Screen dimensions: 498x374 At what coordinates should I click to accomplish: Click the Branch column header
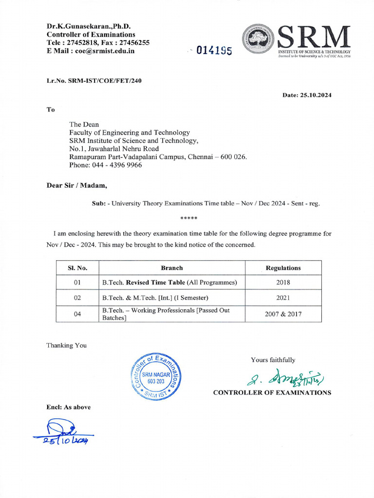point(172,267)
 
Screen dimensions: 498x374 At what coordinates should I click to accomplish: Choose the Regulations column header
point(283,267)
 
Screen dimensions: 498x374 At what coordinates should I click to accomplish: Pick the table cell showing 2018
point(283,282)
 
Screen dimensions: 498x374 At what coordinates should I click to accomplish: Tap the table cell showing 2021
point(283,298)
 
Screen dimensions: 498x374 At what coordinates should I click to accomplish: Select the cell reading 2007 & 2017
point(283,314)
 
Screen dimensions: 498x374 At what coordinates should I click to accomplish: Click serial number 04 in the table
point(77,314)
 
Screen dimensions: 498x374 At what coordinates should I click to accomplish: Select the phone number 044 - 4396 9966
point(106,165)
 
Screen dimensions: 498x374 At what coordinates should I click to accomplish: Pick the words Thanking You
point(66,345)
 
